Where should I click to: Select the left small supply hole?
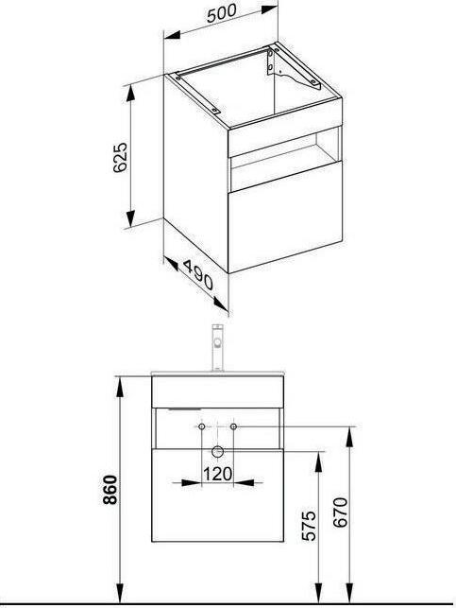(201, 428)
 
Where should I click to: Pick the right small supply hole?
(233, 428)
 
